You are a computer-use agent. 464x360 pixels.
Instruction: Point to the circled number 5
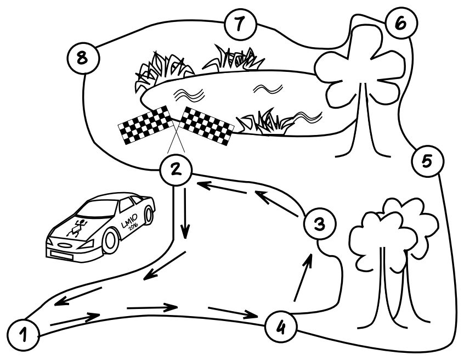tap(427, 161)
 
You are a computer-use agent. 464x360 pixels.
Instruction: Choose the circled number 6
tap(399, 24)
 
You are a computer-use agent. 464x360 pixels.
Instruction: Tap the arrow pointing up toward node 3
tap(304, 278)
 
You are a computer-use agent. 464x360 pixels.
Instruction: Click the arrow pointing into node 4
tap(233, 312)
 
